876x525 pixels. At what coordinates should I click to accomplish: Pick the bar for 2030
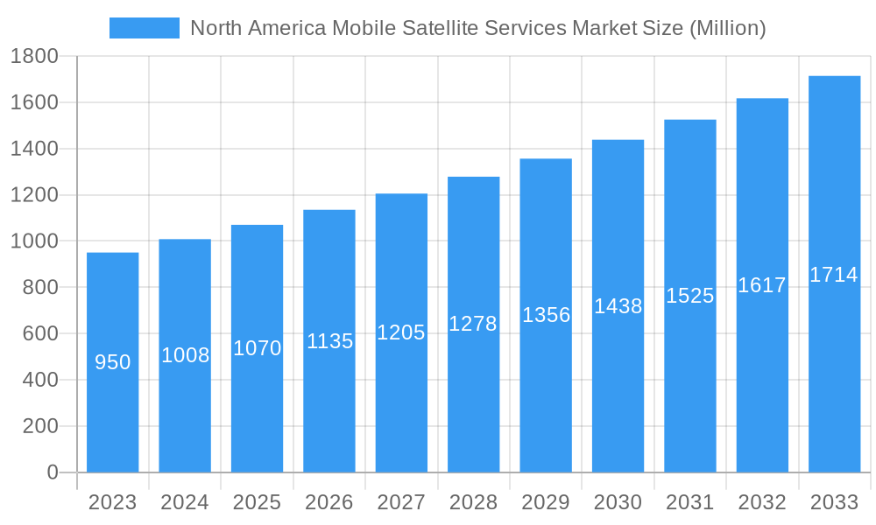(x=618, y=394)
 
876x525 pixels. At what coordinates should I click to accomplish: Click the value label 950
(x=112, y=362)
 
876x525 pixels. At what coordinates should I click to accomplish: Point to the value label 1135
(x=329, y=341)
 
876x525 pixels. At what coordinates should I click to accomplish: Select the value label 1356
(x=546, y=315)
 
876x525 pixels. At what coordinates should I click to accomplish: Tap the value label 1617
(x=762, y=285)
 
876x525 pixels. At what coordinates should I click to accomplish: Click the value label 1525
(x=689, y=296)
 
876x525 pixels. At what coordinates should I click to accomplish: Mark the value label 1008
(x=185, y=355)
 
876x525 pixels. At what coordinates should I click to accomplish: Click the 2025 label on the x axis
(x=257, y=502)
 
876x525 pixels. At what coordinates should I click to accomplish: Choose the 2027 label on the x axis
(x=401, y=502)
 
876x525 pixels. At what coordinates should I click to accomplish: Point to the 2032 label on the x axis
(x=762, y=502)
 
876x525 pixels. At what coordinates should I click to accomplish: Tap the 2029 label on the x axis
(x=546, y=502)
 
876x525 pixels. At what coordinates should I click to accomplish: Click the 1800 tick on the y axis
(x=34, y=57)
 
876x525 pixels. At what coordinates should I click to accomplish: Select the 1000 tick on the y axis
(x=34, y=241)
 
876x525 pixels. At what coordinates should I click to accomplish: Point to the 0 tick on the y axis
(x=52, y=472)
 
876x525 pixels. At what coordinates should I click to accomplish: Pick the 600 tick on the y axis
(x=39, y=333)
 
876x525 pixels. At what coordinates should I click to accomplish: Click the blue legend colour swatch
(x=144, y=28)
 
